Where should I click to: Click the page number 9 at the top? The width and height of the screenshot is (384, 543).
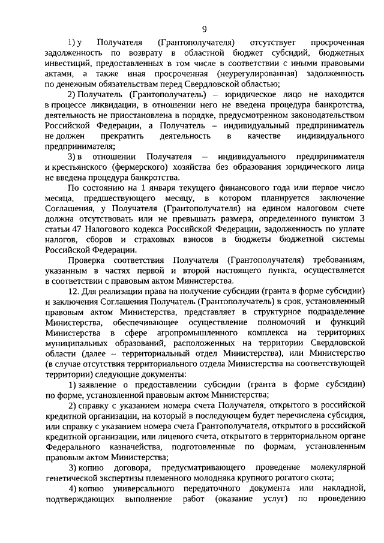click(204, 29)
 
